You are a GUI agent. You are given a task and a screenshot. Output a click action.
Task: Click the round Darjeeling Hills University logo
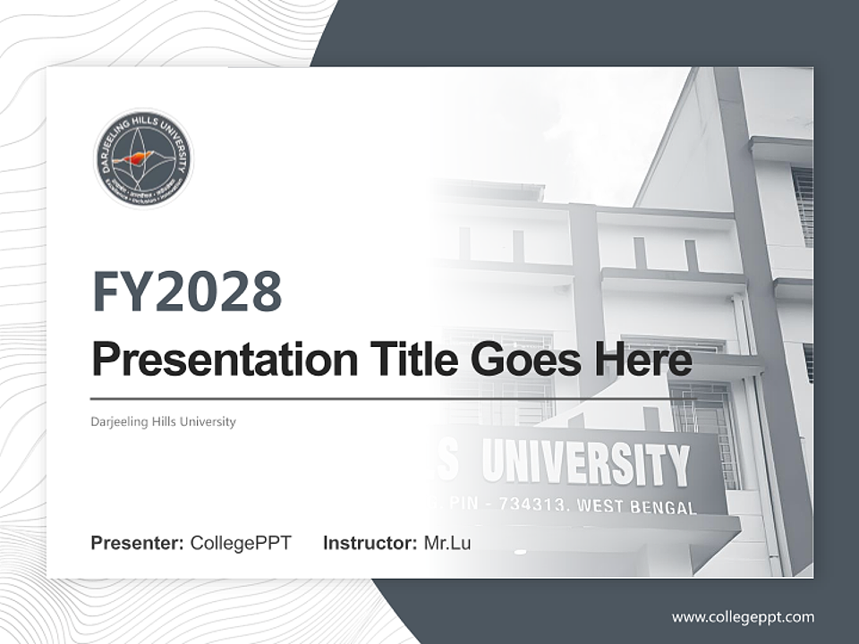pos(143,159)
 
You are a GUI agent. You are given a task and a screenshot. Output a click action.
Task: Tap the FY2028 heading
pos(187,291)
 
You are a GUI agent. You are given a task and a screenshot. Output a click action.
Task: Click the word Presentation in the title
pos(212,360)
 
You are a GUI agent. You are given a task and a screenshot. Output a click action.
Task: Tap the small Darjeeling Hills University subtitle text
pos(163,421)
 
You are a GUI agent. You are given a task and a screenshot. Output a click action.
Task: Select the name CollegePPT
pos(241,543)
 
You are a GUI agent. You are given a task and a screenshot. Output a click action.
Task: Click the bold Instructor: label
pos(370,543)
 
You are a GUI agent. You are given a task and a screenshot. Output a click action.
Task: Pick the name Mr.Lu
pos(447,543)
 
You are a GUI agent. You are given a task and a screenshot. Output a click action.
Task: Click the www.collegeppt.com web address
pos(743,616)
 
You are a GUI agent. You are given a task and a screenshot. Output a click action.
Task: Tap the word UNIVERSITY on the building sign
pos(586,463)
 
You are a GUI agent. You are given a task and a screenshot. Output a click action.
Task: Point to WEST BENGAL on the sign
pos(637,507)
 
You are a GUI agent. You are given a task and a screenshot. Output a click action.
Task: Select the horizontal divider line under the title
pos(385,399)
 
